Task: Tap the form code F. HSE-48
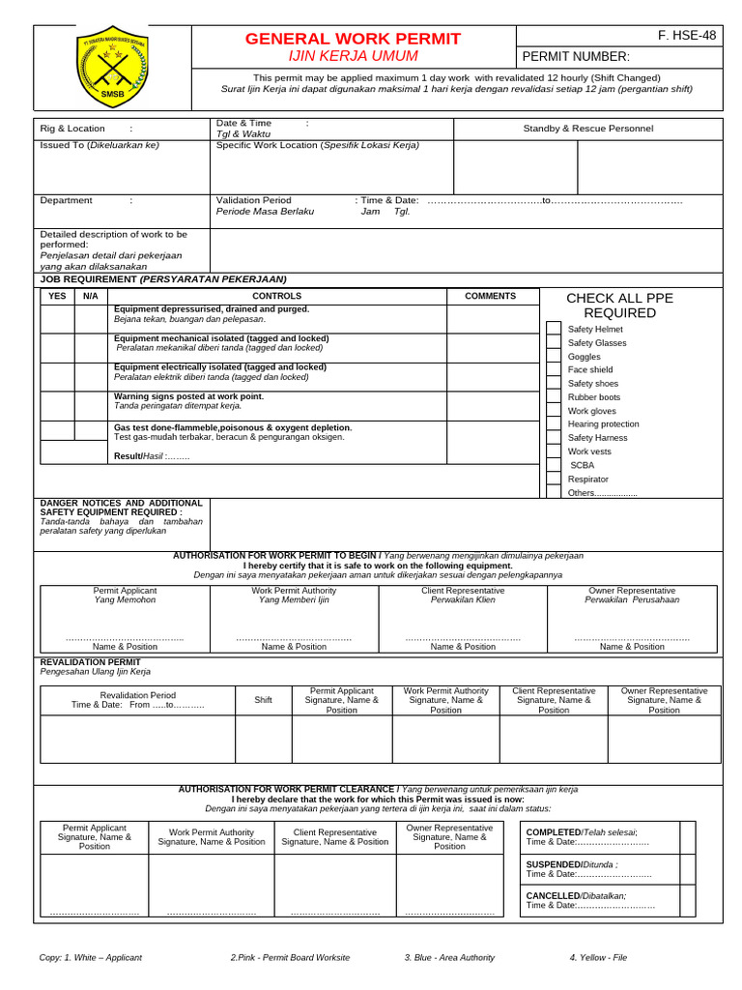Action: click(x=687, y=36)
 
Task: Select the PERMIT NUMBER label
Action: click(x=576, y=57)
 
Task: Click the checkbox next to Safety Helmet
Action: click(x=553, y=329)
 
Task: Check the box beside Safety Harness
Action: click(x=553, y=437)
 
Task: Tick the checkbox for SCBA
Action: click(x=553, y=464)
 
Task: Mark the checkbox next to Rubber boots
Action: click(x=553, y=396)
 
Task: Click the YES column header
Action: click(x=57, y=296)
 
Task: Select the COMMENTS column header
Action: click(x=490, y=296)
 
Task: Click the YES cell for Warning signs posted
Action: click(x=57, y=405)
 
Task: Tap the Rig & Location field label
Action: click(x=72, y=128)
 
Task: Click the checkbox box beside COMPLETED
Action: click(x=687, y=837)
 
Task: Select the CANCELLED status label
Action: click(x=553, y=895)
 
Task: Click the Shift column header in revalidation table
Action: click(x=263, y=700)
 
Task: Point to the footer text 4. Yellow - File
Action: click(x=598, y=957)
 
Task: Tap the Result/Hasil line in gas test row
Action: click(x=152, y=455)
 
